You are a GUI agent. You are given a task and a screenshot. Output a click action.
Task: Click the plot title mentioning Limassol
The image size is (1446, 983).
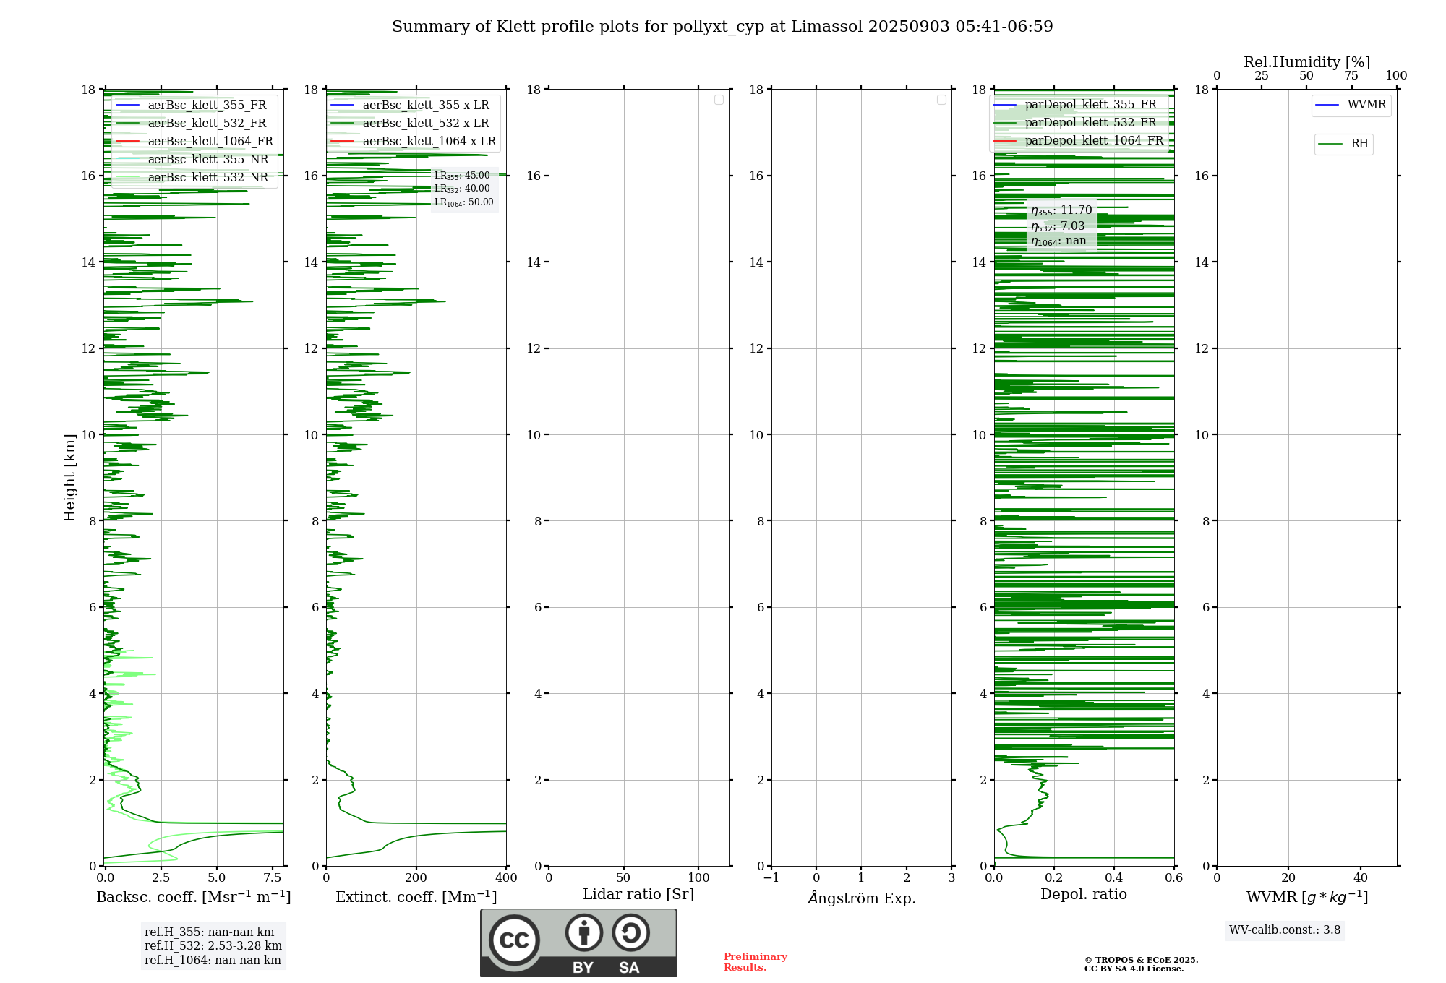tap(722, 27)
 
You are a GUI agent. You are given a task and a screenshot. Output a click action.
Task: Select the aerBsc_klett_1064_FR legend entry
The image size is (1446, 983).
tap(210, 141)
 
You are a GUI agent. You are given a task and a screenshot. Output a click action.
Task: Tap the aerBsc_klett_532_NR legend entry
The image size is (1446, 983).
tap(208, 177)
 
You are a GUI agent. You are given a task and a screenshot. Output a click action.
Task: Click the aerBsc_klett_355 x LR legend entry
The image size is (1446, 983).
tap(425, 105)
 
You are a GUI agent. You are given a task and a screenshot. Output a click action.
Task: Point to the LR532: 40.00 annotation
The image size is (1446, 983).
tap(462, 189)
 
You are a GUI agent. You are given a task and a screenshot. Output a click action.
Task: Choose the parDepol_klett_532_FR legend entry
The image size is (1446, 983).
tap(1090, 123)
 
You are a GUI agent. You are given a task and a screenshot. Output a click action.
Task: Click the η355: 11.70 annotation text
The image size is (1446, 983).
tap(1061, 210)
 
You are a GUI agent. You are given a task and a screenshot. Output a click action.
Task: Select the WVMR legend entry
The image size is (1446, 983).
tap(1366, 105)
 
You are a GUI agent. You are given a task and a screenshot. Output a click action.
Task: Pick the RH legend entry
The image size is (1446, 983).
tap(1359, 144)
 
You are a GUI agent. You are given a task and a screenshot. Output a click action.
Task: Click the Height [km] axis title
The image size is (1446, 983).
tap(69, 477)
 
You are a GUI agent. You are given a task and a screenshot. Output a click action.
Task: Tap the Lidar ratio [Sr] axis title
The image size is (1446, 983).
tap(638, 895)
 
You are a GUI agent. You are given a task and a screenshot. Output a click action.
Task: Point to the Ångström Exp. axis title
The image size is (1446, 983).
tap(861, 898)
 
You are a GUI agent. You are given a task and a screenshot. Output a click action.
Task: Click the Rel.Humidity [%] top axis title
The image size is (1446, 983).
tap(1306, 62)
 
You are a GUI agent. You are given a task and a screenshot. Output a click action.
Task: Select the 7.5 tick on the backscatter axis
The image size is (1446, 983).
tap(273, 878)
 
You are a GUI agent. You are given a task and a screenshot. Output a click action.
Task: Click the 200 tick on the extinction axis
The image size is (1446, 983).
tap(416, 878)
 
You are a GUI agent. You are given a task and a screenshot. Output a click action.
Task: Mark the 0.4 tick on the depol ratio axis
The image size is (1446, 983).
tap(1114, 878)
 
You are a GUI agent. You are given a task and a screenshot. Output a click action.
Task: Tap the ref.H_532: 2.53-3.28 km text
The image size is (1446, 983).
tap(213, 946)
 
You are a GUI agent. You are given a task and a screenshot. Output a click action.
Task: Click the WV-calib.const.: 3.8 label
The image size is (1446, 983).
tap(1285, 930)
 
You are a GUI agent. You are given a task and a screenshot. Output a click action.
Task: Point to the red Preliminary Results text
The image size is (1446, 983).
tap(755, 962)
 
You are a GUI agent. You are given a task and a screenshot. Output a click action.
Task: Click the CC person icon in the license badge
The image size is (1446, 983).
tap(583, 933)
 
